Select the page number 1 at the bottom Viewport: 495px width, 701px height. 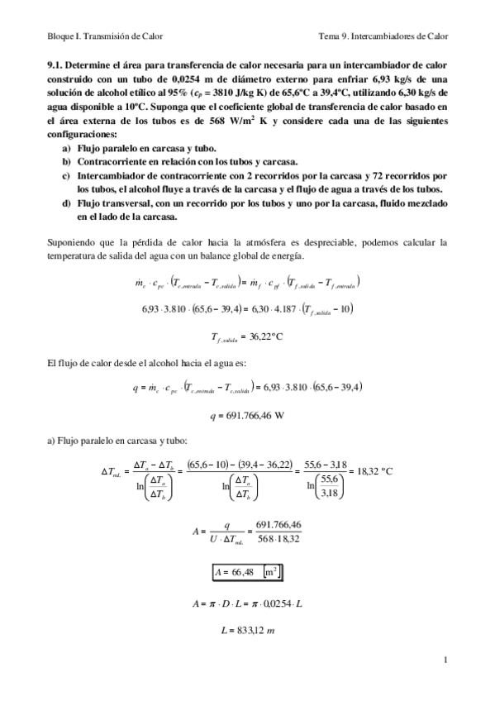[445, 660]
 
